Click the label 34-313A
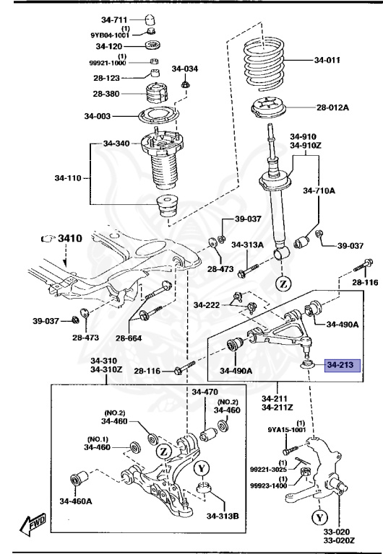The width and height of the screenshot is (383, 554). click(x=246, y=245)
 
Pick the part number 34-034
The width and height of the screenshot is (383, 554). click(x=184, y=69)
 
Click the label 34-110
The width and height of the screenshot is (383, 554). click(x=69, y=175)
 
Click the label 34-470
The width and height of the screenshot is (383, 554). click(x=205, y=392)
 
